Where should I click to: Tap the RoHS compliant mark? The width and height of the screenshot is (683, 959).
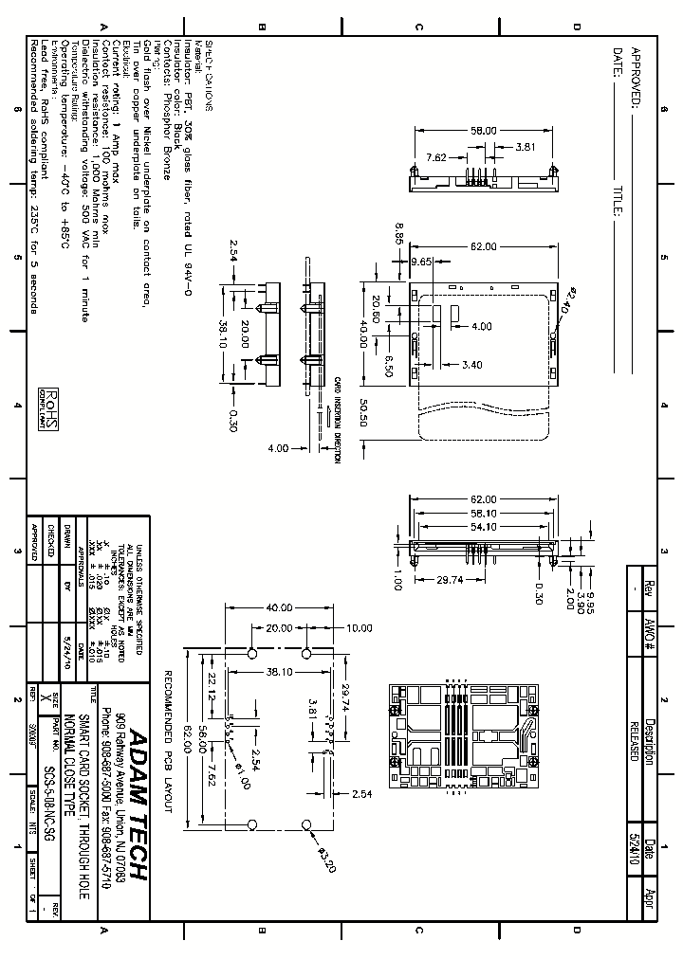click(x=47, y=406)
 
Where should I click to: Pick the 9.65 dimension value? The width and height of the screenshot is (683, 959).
click(x=421, y=261)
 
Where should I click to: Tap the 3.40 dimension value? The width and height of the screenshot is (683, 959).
click(x=472, y=364)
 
